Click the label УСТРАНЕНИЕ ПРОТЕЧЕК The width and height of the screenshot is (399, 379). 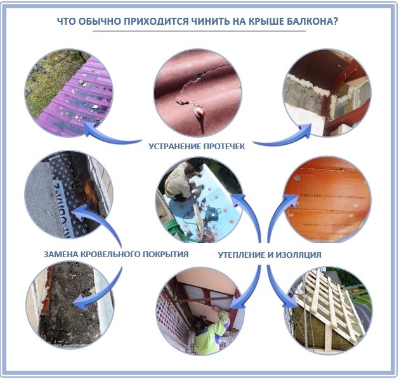pos(197,147)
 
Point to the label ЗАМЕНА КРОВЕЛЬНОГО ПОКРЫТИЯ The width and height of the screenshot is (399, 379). pos(116,254)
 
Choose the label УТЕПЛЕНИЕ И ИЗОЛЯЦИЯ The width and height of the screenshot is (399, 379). pos(270,255)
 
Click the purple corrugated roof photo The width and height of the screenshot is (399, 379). pos(69,93)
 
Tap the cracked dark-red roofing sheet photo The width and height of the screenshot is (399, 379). pos(198,93)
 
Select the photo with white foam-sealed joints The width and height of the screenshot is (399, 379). pos(327,93)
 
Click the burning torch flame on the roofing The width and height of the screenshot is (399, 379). pos(91,190)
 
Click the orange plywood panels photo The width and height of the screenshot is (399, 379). pos(327,199)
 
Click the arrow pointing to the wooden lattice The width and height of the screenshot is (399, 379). pos(278,288)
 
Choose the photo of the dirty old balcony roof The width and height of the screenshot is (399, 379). pos(70,305)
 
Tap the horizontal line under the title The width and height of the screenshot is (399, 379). pos(199,31)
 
